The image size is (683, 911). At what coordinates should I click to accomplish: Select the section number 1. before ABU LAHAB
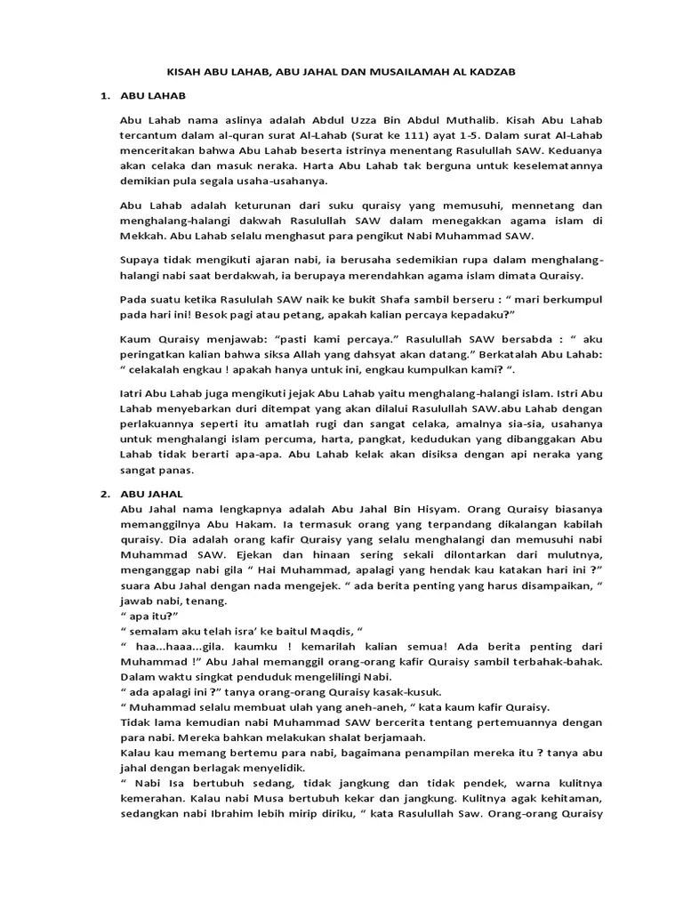click(x=104, y=94)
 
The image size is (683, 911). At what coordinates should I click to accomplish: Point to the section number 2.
click(x=104, y=494)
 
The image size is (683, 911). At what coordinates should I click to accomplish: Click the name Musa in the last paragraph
click(x=263, y=798)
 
